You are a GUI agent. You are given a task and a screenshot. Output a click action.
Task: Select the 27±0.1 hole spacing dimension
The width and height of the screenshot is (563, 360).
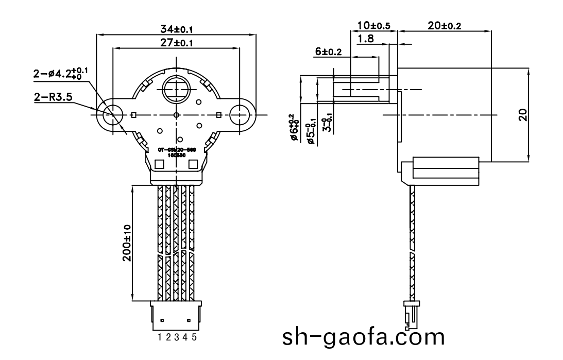pyautogui.click(x=176, y=43)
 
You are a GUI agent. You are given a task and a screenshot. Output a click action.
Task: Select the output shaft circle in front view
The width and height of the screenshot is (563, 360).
pyautogui.click(x=176, y=90)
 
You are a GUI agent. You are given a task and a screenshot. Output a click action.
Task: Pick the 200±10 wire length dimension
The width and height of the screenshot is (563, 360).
pyautogui.click(x=127, y=244)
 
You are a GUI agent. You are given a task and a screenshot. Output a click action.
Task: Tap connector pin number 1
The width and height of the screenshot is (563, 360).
pyautogui.click(x=161, y=337)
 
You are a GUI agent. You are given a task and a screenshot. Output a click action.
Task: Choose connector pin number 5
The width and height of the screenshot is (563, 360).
pyautogui.click(x=194, y=337)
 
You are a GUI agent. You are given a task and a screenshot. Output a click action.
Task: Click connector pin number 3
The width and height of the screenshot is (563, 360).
pyautogui.click(x=177, y=337)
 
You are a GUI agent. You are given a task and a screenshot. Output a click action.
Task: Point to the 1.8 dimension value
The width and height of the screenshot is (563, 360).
pyautogui.click(x=366, y=39)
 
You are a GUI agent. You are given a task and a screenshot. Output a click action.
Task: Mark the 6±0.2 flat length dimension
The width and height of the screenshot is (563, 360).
pyautogui.click(x=328, y=52)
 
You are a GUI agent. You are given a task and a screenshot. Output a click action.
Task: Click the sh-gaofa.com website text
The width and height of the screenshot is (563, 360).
pyautogui.click(x=363, y=337)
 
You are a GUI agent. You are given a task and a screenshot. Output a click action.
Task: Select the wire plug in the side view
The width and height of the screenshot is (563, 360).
pyautogui.click(x=411, y=315)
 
